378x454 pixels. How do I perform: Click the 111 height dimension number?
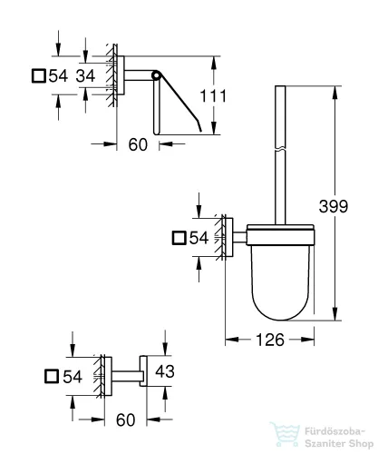[213, 96]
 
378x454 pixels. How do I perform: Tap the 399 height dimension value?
[334, 206]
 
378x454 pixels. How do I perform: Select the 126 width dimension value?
[270, 340]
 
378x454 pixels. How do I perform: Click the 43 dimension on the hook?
[165, 371]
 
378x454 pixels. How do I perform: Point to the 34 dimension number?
[85, 75]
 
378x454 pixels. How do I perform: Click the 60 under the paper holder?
[138, 144]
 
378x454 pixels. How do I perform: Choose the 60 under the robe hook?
[125, 419]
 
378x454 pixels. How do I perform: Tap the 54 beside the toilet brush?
[199, 238]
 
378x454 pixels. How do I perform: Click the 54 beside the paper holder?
[58, 75]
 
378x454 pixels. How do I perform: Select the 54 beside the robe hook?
[73, 377]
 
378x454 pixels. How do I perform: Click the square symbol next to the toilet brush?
[179, 238]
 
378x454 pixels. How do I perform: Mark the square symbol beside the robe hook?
[52, 377]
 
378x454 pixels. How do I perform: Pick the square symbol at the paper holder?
[39, 75]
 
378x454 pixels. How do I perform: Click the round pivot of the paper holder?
[156, 75]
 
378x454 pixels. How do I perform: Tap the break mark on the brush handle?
[280, 149]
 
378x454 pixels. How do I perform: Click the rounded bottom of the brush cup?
[281, 315]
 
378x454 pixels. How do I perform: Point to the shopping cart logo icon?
[285, 435]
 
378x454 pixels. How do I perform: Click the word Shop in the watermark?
[359, 444]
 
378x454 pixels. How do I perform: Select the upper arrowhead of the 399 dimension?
[334, 93]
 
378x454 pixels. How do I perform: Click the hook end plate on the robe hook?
[143, 371]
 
